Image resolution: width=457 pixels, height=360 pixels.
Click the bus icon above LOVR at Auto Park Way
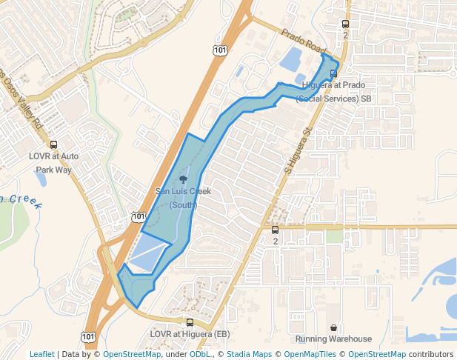tap(53, 145)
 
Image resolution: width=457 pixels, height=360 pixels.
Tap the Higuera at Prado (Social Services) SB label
tap(336, 92)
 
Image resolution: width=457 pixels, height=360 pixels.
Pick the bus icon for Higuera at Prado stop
tap(334, 73)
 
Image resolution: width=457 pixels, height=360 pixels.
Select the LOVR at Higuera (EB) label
tap(190, 334)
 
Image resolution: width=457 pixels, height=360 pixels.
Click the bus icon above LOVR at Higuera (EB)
tap(190, 322)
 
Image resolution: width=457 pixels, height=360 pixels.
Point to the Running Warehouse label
tap(333, 339)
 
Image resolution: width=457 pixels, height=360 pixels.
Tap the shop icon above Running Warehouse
tap(334, 327)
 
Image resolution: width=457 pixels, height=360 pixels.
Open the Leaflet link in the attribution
tap(42, 354)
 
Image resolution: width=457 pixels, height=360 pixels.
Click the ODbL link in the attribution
tap(201, 354)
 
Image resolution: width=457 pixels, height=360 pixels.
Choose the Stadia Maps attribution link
tap(249, 354)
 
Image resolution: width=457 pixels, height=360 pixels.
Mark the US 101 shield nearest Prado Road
tap(220, 50)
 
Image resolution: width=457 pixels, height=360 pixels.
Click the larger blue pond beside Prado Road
tap(290, 59)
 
